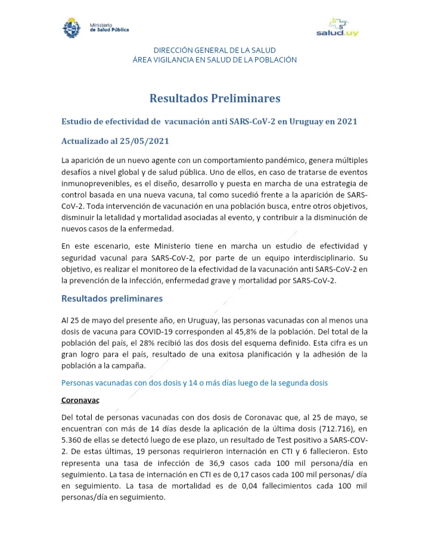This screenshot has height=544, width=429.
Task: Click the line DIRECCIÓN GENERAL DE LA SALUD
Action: click(214, 50)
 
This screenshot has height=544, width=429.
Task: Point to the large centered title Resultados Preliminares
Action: click(214, 98)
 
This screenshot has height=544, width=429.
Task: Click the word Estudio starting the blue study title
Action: click(78, 121)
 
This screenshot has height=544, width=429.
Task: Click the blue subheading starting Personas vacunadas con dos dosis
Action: click(194, 383)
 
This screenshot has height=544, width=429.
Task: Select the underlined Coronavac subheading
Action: click(80, 401)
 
